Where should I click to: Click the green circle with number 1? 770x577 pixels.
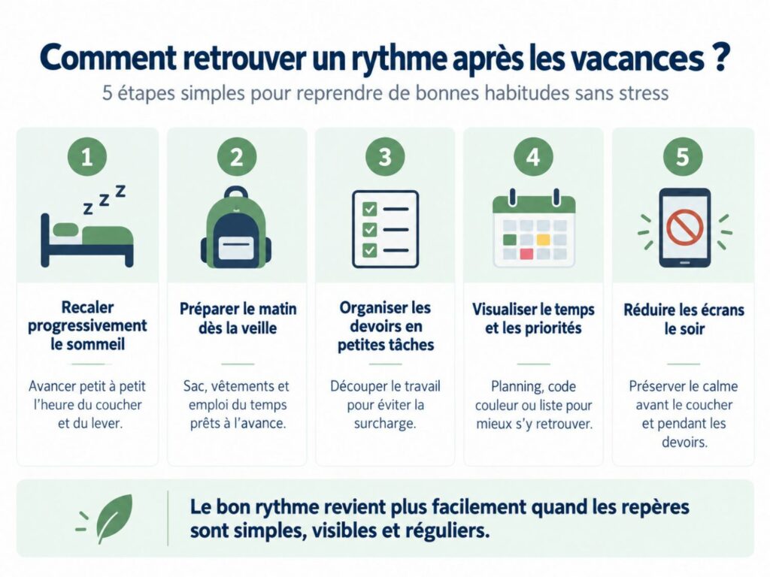tap(87, 157)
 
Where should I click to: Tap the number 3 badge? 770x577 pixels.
tap(385, 157)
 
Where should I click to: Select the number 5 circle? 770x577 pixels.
tap(683, 157)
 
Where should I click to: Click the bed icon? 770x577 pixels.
tap(87, 240)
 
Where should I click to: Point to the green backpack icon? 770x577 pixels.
tap(236, 226)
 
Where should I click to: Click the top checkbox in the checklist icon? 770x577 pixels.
tap(369, 210)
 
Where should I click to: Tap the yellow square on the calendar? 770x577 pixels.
tap(543, 240)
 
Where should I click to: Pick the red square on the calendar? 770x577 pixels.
tap(526, 254)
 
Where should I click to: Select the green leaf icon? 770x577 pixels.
tap(114, 518)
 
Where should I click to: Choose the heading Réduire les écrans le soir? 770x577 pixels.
tap(684, 319)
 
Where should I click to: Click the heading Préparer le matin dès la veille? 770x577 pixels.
tap(238, 318)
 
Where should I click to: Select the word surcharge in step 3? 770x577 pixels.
tap(385, 424)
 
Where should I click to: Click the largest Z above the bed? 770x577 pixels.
tap(120, 191)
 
